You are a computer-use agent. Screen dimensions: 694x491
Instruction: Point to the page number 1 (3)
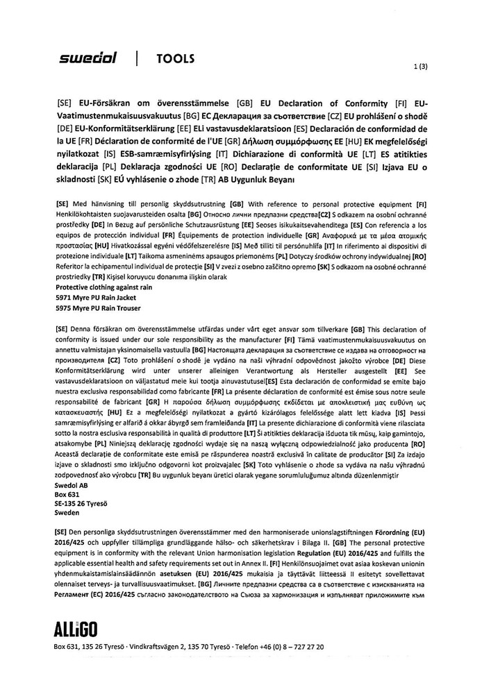click(419, 67)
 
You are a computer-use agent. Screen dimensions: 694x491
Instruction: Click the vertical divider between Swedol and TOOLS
click(138, 60)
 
